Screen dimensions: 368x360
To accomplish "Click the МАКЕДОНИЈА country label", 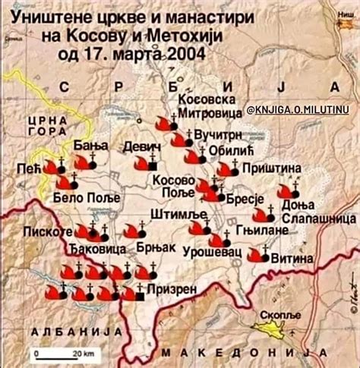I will [249, 352].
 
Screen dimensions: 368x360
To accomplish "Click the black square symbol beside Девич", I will [153, 165].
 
